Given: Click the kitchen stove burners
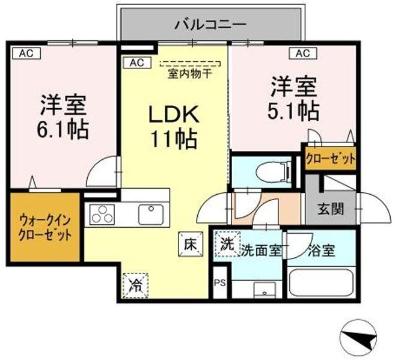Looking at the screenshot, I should pos(103,212).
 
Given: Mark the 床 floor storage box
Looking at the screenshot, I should pos(189,242).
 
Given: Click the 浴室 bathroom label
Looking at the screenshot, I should pos(322,250).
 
